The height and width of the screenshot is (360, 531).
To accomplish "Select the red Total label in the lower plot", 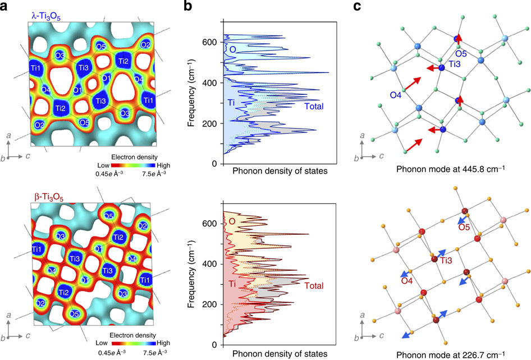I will [315, 286].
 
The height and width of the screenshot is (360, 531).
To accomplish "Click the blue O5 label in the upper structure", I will [461, 53].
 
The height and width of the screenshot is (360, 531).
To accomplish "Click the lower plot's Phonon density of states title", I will [279, 354].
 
